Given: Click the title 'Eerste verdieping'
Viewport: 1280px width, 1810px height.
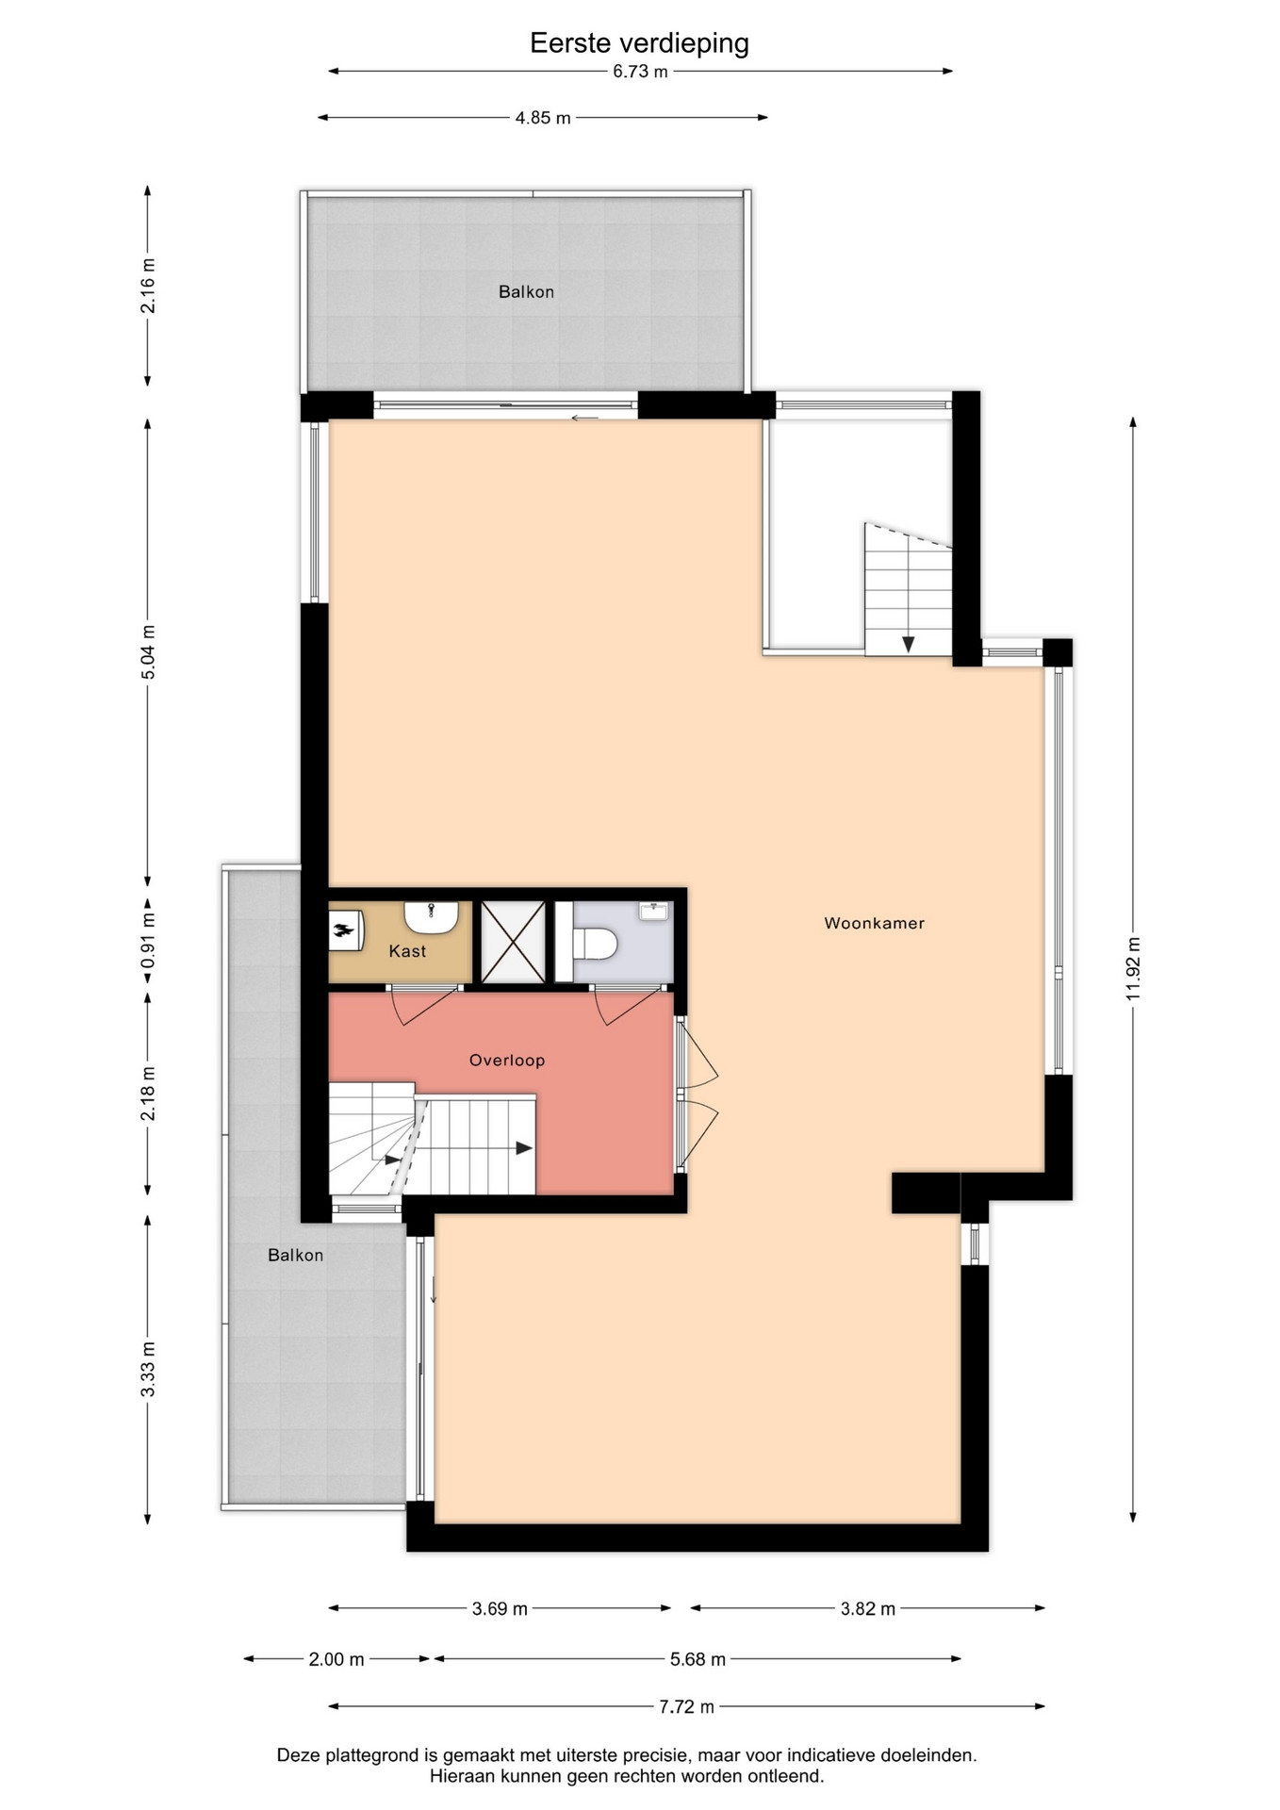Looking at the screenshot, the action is (639, 43).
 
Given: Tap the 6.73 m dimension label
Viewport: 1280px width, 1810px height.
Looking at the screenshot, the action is (640, 72).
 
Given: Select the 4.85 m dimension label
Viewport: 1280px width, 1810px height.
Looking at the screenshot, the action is (543, 118).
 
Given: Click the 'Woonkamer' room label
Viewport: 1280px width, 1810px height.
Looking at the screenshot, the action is (874, 923).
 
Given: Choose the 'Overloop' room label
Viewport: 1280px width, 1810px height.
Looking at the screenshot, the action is (507, 1060).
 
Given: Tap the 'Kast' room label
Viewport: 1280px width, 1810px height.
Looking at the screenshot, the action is (407, 951).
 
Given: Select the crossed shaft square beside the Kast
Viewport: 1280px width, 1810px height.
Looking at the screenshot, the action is (514, 942).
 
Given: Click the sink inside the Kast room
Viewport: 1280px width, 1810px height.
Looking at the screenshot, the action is (432, 914).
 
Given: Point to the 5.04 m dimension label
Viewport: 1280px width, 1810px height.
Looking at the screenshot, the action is (148, 651).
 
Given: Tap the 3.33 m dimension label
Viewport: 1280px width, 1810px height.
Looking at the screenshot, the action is (148, 1370).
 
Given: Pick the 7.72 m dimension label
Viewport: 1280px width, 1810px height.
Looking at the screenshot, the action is (686, 1706).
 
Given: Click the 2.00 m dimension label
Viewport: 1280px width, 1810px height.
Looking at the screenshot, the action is (336, 1659).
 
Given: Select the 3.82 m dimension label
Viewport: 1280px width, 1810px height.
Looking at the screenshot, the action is (868, 1608).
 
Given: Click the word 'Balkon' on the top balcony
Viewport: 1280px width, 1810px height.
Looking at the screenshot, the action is (526, 292).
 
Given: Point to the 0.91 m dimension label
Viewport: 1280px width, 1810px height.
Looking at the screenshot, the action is (148, 940).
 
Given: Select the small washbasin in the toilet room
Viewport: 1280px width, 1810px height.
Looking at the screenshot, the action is (653, 911).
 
